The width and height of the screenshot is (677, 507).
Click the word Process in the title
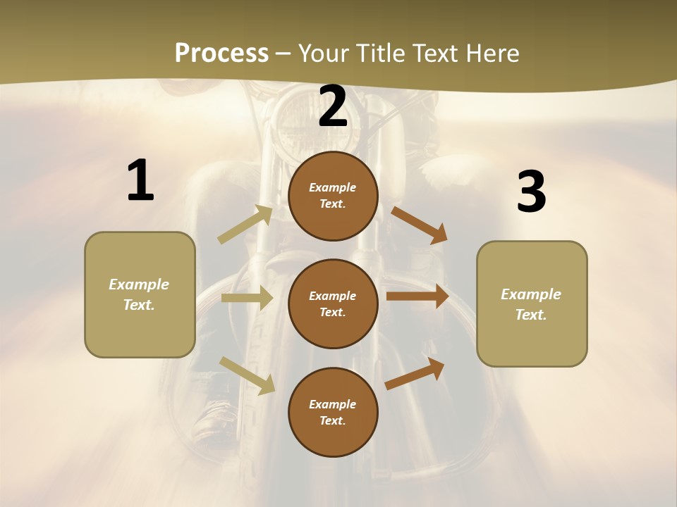click(x=221, y=54)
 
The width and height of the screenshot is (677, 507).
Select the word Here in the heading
click(x=492, y=54)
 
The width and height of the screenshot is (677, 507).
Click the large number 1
click(x=140, y=181)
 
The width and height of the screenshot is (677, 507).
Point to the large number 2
click(x=333, y=106)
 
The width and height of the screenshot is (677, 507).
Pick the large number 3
click(x=531, y=192)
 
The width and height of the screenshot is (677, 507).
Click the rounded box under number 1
click(x=140, y=294)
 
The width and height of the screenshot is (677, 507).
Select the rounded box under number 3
click(x=532, y=304)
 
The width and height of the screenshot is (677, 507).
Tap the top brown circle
click(x=333, y=196)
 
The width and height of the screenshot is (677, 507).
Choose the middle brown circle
click(x=333, y=304)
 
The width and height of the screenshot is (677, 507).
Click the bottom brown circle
click(x=333, y=413)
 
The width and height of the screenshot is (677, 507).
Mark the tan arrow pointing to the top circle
click(x=245, y=225)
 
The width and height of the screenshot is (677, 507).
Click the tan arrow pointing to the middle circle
click(x=247, y=298)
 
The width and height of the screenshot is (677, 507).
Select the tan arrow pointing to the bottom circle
click(x=248, y=375)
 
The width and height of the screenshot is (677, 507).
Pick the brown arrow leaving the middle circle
click(x=417, y=296)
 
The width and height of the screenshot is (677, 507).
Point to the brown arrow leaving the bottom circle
click(x=415, y=373)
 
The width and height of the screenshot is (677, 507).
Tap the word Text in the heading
click(x=434, y=54)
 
